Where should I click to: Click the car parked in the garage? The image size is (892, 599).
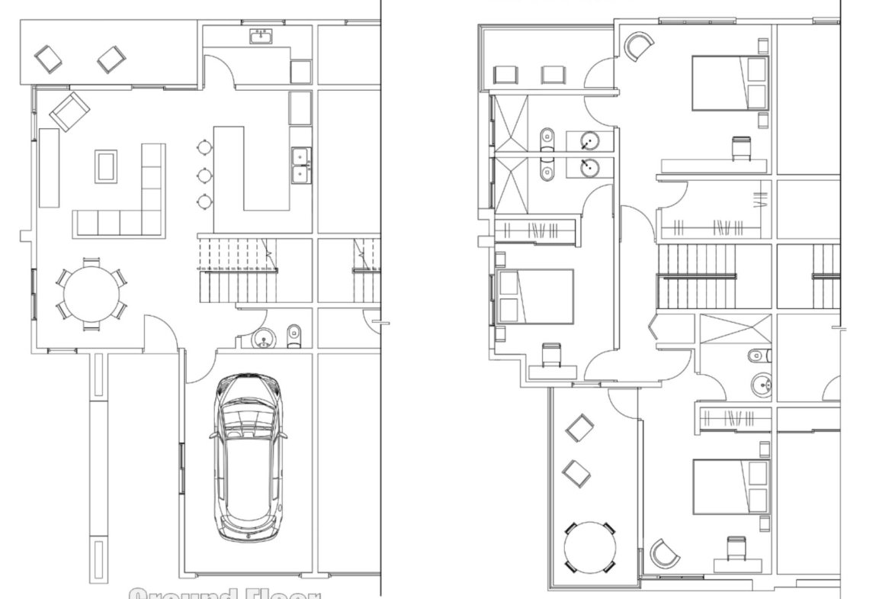(x=248, y=458)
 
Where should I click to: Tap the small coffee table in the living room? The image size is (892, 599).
(x=106, y=166)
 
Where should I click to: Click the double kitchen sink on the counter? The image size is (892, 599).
(x=301, y=166)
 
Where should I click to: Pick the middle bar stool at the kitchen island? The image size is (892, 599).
(x=204, y=175)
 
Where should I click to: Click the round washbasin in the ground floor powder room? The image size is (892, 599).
(x=264, y=337)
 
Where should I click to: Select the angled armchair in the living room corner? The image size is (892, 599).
(x=69, y=112)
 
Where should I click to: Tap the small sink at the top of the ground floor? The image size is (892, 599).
(x=261, y=36)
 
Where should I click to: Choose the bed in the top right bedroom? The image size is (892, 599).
(x=730, y=82)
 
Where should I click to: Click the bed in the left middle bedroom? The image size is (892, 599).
(x=534, y=296)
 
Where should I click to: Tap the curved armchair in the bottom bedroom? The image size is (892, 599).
(x=664, y=553)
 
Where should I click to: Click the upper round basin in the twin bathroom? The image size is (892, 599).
(x=589, y=140)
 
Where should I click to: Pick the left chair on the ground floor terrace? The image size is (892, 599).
(x=50, y=59)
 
